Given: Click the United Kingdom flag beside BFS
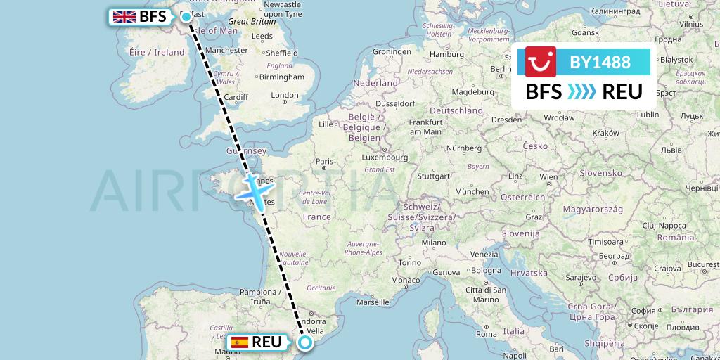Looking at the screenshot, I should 124,16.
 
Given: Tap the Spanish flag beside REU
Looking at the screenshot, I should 240,342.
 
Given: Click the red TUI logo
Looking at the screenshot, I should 541,62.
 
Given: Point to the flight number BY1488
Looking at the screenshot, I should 600,62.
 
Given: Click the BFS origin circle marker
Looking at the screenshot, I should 186,17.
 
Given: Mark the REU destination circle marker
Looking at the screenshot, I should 305,342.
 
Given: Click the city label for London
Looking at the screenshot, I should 284,96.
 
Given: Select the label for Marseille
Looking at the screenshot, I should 373,302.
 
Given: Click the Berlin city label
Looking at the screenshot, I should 501,69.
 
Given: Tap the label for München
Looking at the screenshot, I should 472,191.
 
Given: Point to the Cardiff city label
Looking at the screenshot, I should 237,98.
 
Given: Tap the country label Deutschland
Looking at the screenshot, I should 456,111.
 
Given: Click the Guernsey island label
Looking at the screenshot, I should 245,150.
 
